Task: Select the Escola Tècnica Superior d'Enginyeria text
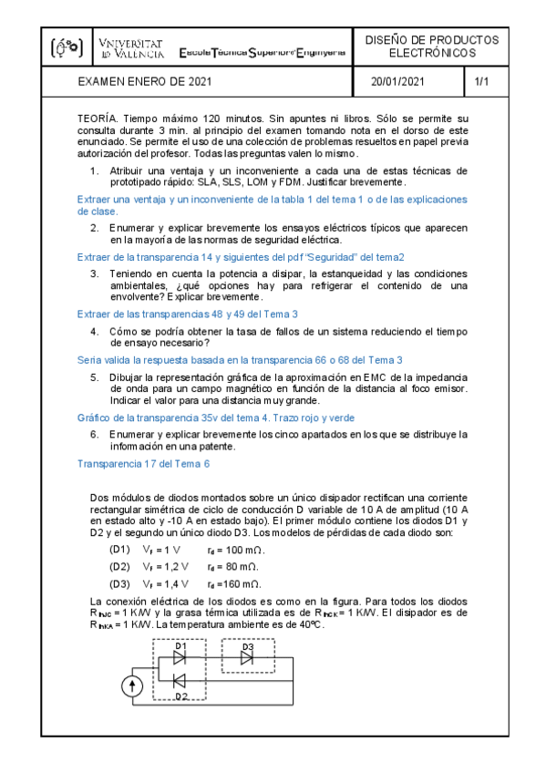[x=263, y=54]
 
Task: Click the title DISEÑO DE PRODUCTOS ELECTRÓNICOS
[x=431, y=47]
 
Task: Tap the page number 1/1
[x=482, y=82]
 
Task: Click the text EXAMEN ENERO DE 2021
[x=146, y=82]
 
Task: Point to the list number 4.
[x=95, y=333]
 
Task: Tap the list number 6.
[x=95, y=434]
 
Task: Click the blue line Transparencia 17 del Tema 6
[x=144, y=464]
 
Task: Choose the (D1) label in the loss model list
[x=119, y=551]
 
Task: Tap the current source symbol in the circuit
[x=133, y=685]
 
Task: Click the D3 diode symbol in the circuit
[x=247, y=657]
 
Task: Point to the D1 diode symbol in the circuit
[x=180, y=655]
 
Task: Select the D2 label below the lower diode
[x=180, y=697]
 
